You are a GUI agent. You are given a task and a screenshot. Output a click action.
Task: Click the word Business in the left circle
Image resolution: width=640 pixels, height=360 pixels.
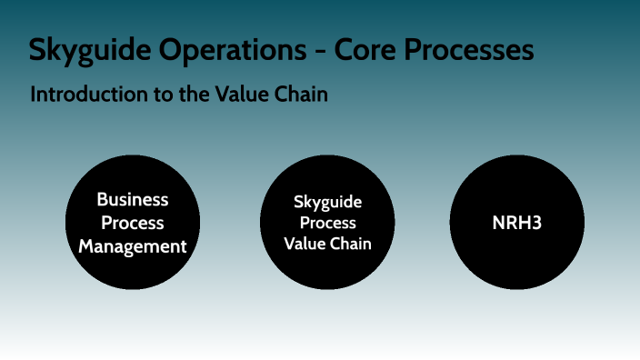coord(133,200)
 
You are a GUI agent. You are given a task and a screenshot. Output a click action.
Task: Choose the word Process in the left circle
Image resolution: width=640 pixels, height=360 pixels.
coord(133,223)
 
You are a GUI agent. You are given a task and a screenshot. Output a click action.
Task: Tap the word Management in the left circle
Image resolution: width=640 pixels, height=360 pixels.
coord(133,245)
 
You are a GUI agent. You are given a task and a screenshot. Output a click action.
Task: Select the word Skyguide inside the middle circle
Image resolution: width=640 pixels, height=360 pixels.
coord(328,202)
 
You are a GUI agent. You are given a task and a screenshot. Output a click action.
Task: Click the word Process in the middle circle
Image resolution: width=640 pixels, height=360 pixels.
coord(328,223)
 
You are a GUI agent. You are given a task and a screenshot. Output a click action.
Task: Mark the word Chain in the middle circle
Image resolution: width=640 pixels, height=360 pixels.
coord(350,244)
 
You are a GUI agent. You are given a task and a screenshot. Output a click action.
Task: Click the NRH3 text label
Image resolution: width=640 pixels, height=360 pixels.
coord(517,223)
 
